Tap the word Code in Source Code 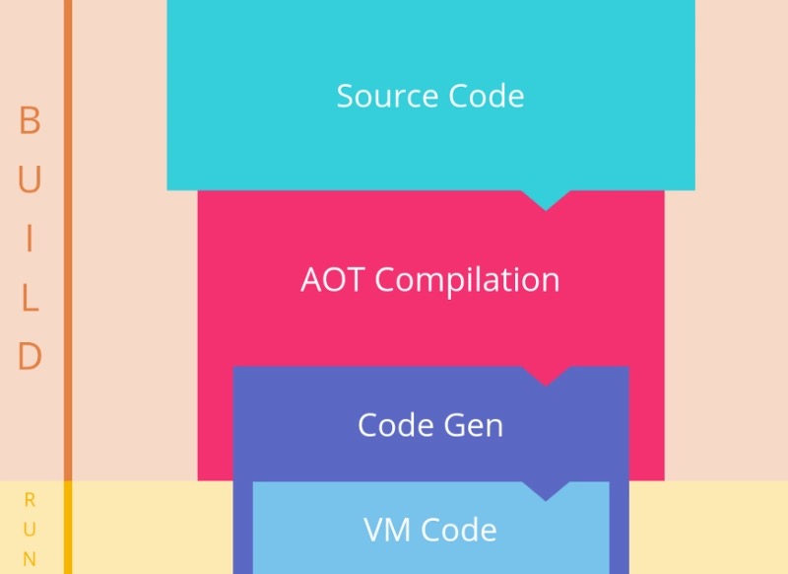point(487,96)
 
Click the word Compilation point(467,280)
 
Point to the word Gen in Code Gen point(474,425)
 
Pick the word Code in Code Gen point(396,425)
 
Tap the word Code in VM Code point(458,530)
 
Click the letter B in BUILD point(30,120)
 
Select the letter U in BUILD point(30,179)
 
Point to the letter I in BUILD point(30,238)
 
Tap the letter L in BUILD point(31,297)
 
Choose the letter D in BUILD point(30,356)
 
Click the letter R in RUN point(30,500)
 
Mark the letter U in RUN point(30,530)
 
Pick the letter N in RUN point(30,559)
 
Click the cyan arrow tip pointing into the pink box point(546,210)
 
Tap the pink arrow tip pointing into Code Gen point(546,386)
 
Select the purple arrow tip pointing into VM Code point(546,501)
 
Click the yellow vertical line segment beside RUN point(68,528)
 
